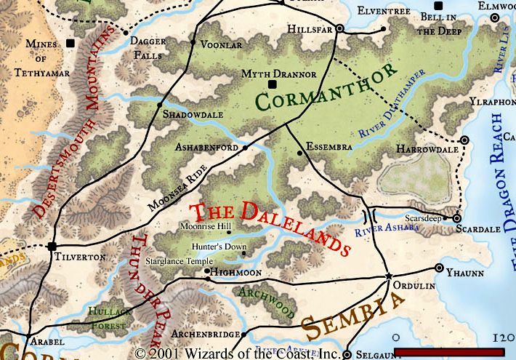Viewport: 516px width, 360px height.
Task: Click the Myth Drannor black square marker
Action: tap(273, 85)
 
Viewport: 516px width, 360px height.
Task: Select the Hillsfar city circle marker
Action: tap(339, 31)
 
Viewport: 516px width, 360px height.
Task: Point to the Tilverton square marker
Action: tap(52, 246)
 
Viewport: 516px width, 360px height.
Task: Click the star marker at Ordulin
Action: tap(388, 276)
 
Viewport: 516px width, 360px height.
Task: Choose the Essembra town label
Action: tap(328, 146)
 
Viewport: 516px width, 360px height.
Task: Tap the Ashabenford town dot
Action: tap(245, 148)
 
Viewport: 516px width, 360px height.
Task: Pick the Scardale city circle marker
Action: tap(457, 218)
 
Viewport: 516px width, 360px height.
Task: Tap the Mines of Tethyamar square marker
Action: tap(70, 44)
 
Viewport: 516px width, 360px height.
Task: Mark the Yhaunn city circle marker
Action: tap(439, 268)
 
